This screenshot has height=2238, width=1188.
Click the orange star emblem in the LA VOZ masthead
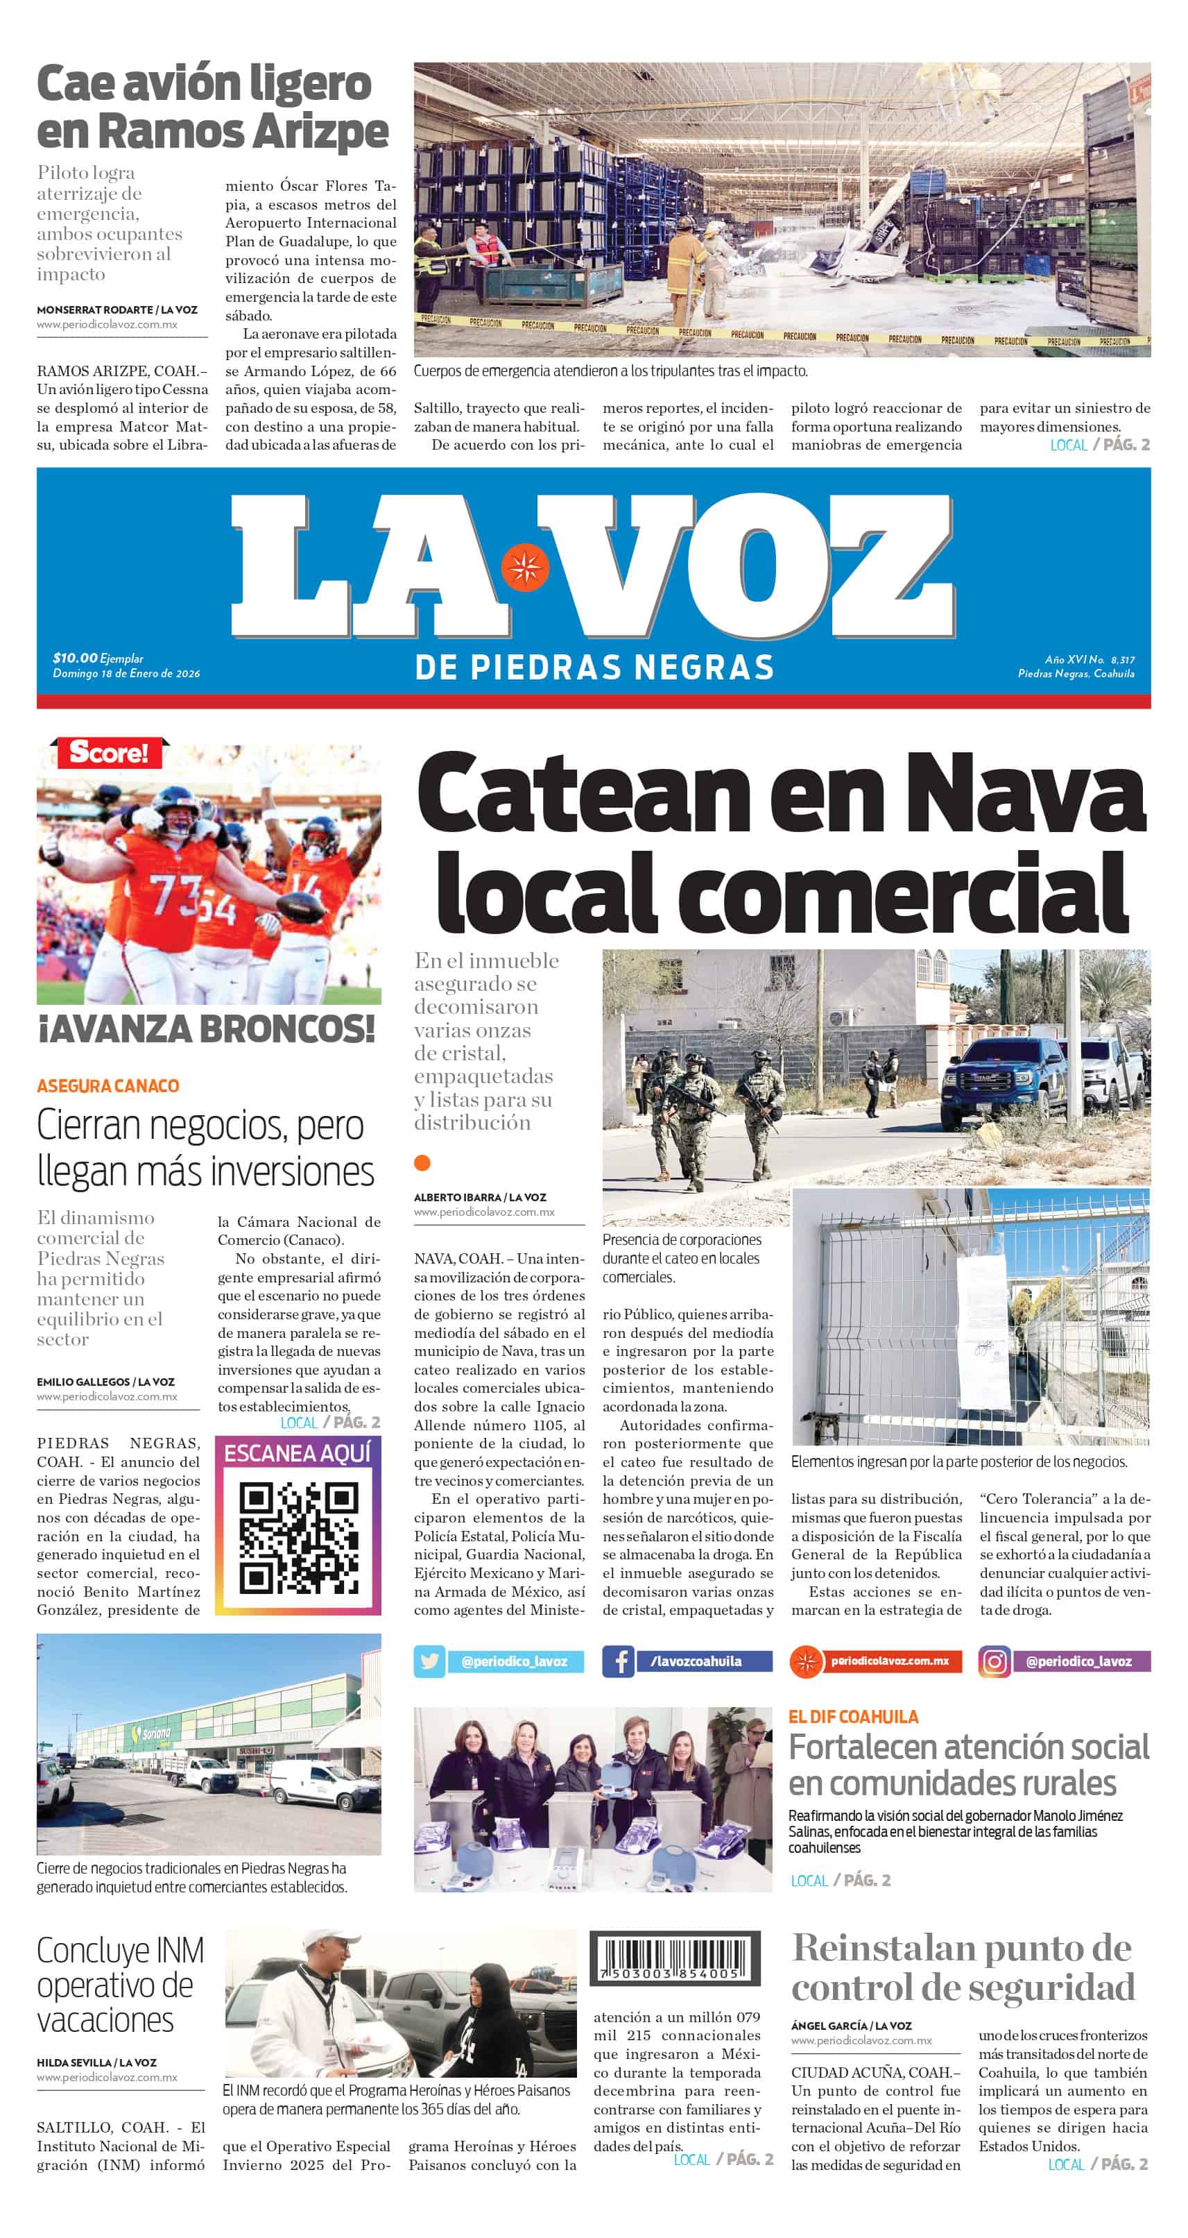pyautogui.click(x=524, y=566)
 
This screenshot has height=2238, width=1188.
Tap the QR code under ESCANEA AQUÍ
pyautogui.click(x=298, y=1538)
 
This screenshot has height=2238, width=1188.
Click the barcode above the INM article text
pyautogui.click(x=675, y=1958)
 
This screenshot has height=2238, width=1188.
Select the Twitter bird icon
pyautogui.click(x=429, y=1661)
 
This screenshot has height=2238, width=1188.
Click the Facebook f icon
pyautogui.click(x=619, y=1661)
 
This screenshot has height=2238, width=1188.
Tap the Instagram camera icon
pyautogui.click(x=995, y=1661)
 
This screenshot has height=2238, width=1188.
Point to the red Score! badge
pyautogui.click(x=110, y=752)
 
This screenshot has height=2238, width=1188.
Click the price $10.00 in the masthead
pyautogui.click(x=75, y=659)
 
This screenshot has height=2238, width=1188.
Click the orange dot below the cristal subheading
pyautogui.click(x=422, y=1162)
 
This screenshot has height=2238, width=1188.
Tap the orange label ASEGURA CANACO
pyautogui.click(x=107, y=1086)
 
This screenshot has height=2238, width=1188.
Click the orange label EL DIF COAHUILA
pyautogui.click(x=853, y=1717)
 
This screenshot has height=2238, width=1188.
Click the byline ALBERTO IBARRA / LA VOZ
pyautogui.click(x=479, y=1197)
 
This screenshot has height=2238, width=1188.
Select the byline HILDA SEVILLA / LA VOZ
pyautogui.click(x=96, y=2062)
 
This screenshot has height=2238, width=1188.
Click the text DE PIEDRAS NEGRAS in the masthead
pyautogui.click(x=594, y=667)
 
